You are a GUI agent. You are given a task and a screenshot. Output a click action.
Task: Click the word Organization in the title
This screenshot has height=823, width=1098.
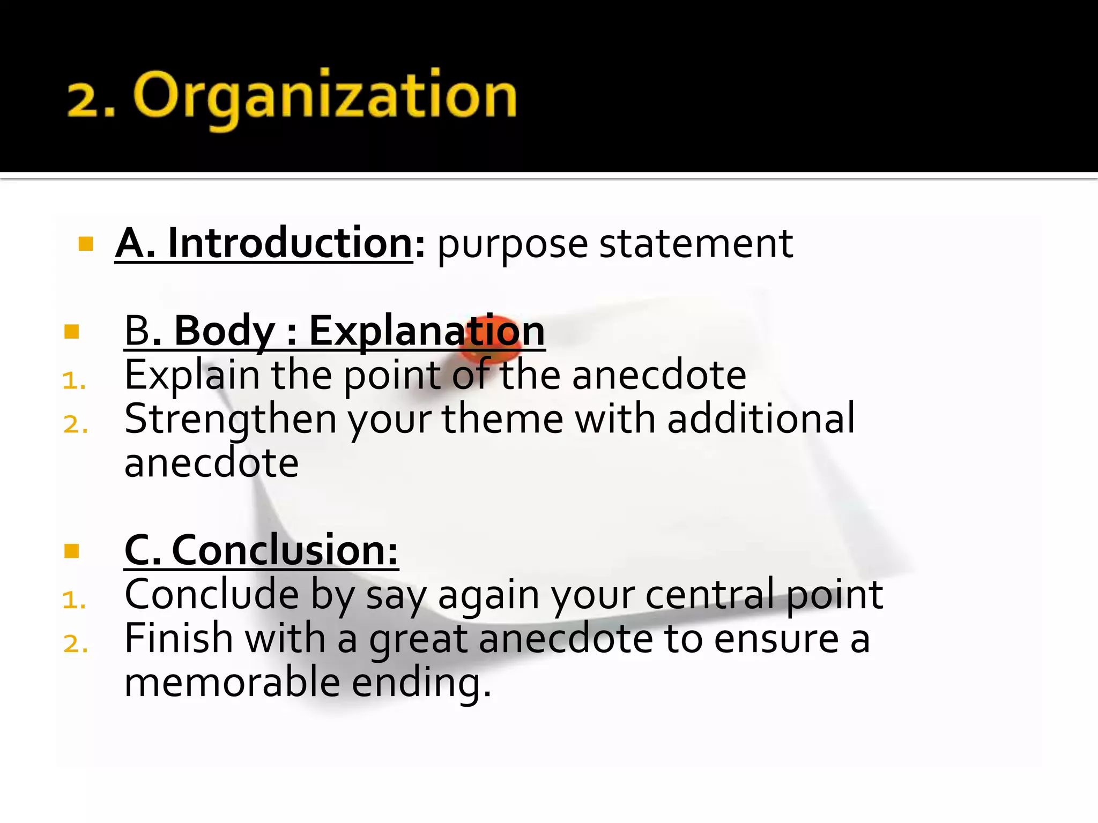click(325, 96)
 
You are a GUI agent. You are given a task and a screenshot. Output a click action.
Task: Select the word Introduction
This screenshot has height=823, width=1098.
click(290, 243)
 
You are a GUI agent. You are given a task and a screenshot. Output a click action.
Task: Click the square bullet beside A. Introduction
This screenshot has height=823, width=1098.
click(86, 244)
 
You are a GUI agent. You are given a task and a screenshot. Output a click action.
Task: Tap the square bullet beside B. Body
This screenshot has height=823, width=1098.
click(71, 332)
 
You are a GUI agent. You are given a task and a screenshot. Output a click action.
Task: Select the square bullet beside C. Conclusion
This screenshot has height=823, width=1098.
click(71, 551)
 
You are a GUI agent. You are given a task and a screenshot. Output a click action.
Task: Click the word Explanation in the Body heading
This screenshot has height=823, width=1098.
click(427, 331)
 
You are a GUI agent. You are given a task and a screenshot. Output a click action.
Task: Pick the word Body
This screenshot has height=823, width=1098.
click(225, 331)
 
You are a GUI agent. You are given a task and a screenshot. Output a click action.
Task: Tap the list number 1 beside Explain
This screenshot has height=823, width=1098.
click(74, 381)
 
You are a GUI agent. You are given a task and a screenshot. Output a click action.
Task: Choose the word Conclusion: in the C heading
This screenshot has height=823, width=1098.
click(285, 550)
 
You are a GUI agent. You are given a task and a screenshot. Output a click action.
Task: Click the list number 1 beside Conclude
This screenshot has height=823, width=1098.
click(74, 600)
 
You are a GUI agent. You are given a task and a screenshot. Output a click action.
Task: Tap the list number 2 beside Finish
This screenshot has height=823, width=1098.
click(75, 644)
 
